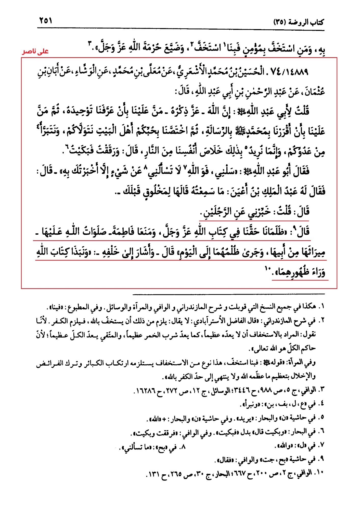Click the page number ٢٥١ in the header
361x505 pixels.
point(46,20)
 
